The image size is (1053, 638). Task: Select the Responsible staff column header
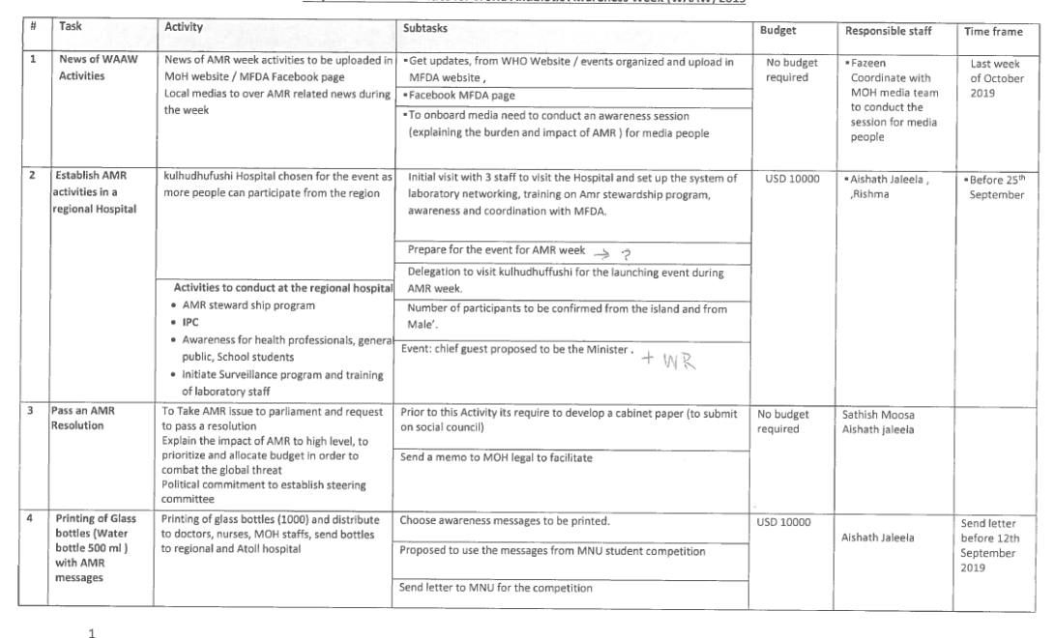tap(887, 30)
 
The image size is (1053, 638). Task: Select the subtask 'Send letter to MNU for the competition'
tap(496, 587)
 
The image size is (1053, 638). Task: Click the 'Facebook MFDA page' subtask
tap(454, 96)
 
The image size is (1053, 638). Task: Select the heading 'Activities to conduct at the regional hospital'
tap(282, 288)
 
